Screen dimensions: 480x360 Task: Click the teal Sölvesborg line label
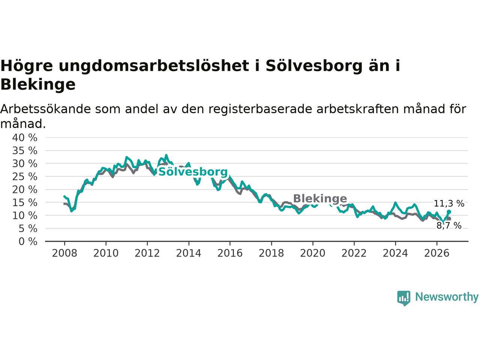pos(193,172)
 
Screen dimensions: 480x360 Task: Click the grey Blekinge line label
pos(320,198)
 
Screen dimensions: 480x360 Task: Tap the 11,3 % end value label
pos(449,204)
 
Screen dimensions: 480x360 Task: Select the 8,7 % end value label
pos(449,225)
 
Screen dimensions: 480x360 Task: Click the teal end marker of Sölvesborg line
pos(449,211)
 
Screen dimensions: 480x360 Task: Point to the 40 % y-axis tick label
pos(25,138)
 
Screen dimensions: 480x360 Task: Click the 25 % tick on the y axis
pos(25,177)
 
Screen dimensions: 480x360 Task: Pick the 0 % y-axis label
pos(28,241)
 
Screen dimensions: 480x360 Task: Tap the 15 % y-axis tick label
pos(25,202)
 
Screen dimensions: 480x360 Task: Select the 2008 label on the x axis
pos(64,253)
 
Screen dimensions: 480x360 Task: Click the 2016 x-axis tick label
pos(230,253)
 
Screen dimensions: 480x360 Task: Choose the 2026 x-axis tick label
pos(437,253)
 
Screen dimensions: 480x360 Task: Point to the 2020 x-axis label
pos(313,253)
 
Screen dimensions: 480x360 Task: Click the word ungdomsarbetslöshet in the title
pos(154,66)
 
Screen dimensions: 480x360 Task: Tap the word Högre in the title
pos(27,66)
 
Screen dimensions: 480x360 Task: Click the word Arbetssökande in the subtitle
pos(45,109)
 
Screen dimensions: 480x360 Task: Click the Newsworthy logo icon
pos(403,298)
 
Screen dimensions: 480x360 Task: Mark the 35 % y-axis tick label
pos(25,151)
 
